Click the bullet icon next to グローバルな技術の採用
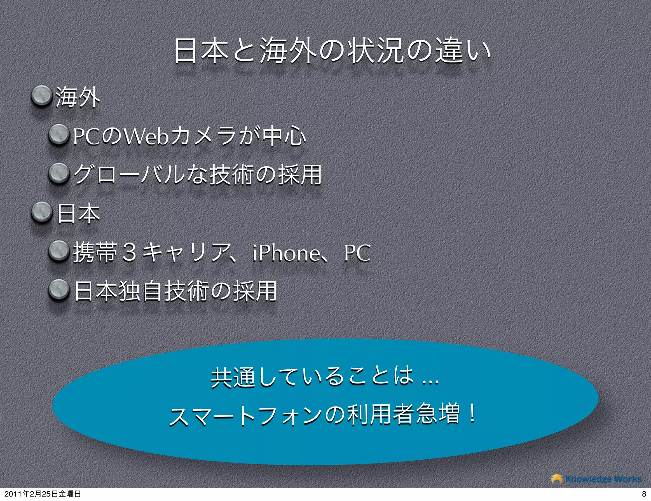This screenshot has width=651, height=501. coord(58,175)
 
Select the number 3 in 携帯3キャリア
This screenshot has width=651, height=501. coord(130,253)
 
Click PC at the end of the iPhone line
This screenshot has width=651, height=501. coord(357,253)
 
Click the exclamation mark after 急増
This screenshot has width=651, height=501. coord(473,414)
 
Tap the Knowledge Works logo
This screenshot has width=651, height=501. coord(596,479)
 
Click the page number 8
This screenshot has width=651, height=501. coord(644,494)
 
